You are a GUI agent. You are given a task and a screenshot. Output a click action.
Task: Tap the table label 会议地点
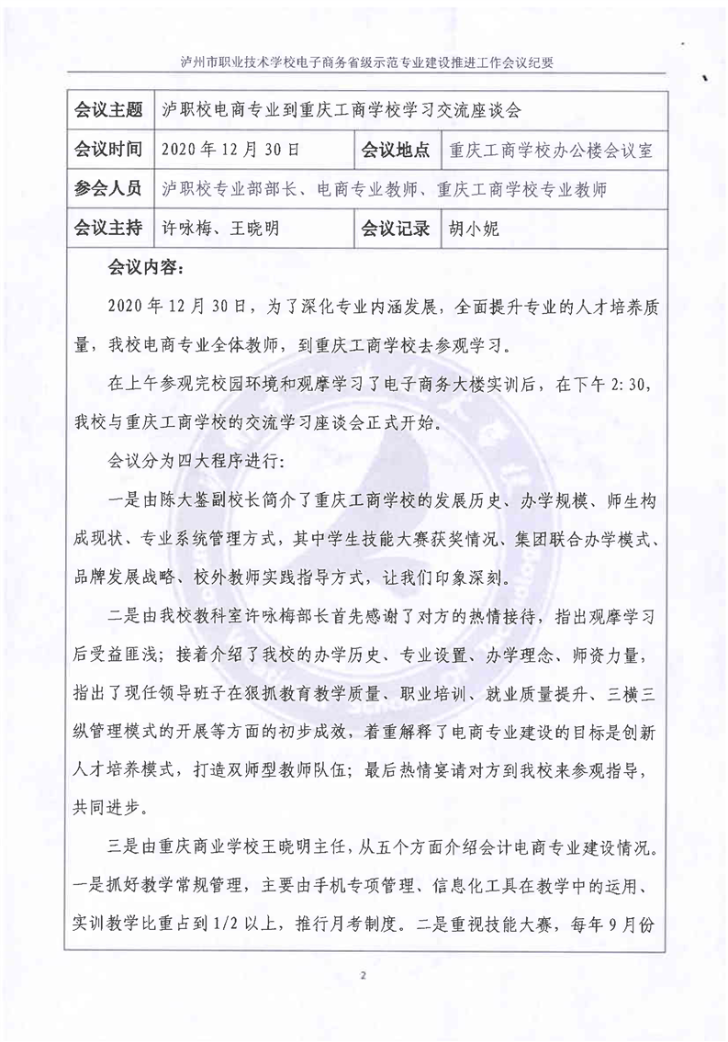click(396, 150)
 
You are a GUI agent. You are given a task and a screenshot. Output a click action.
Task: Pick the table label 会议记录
click(396, 228)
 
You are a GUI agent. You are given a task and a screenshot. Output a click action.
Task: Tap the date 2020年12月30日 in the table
click(229, 151)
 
